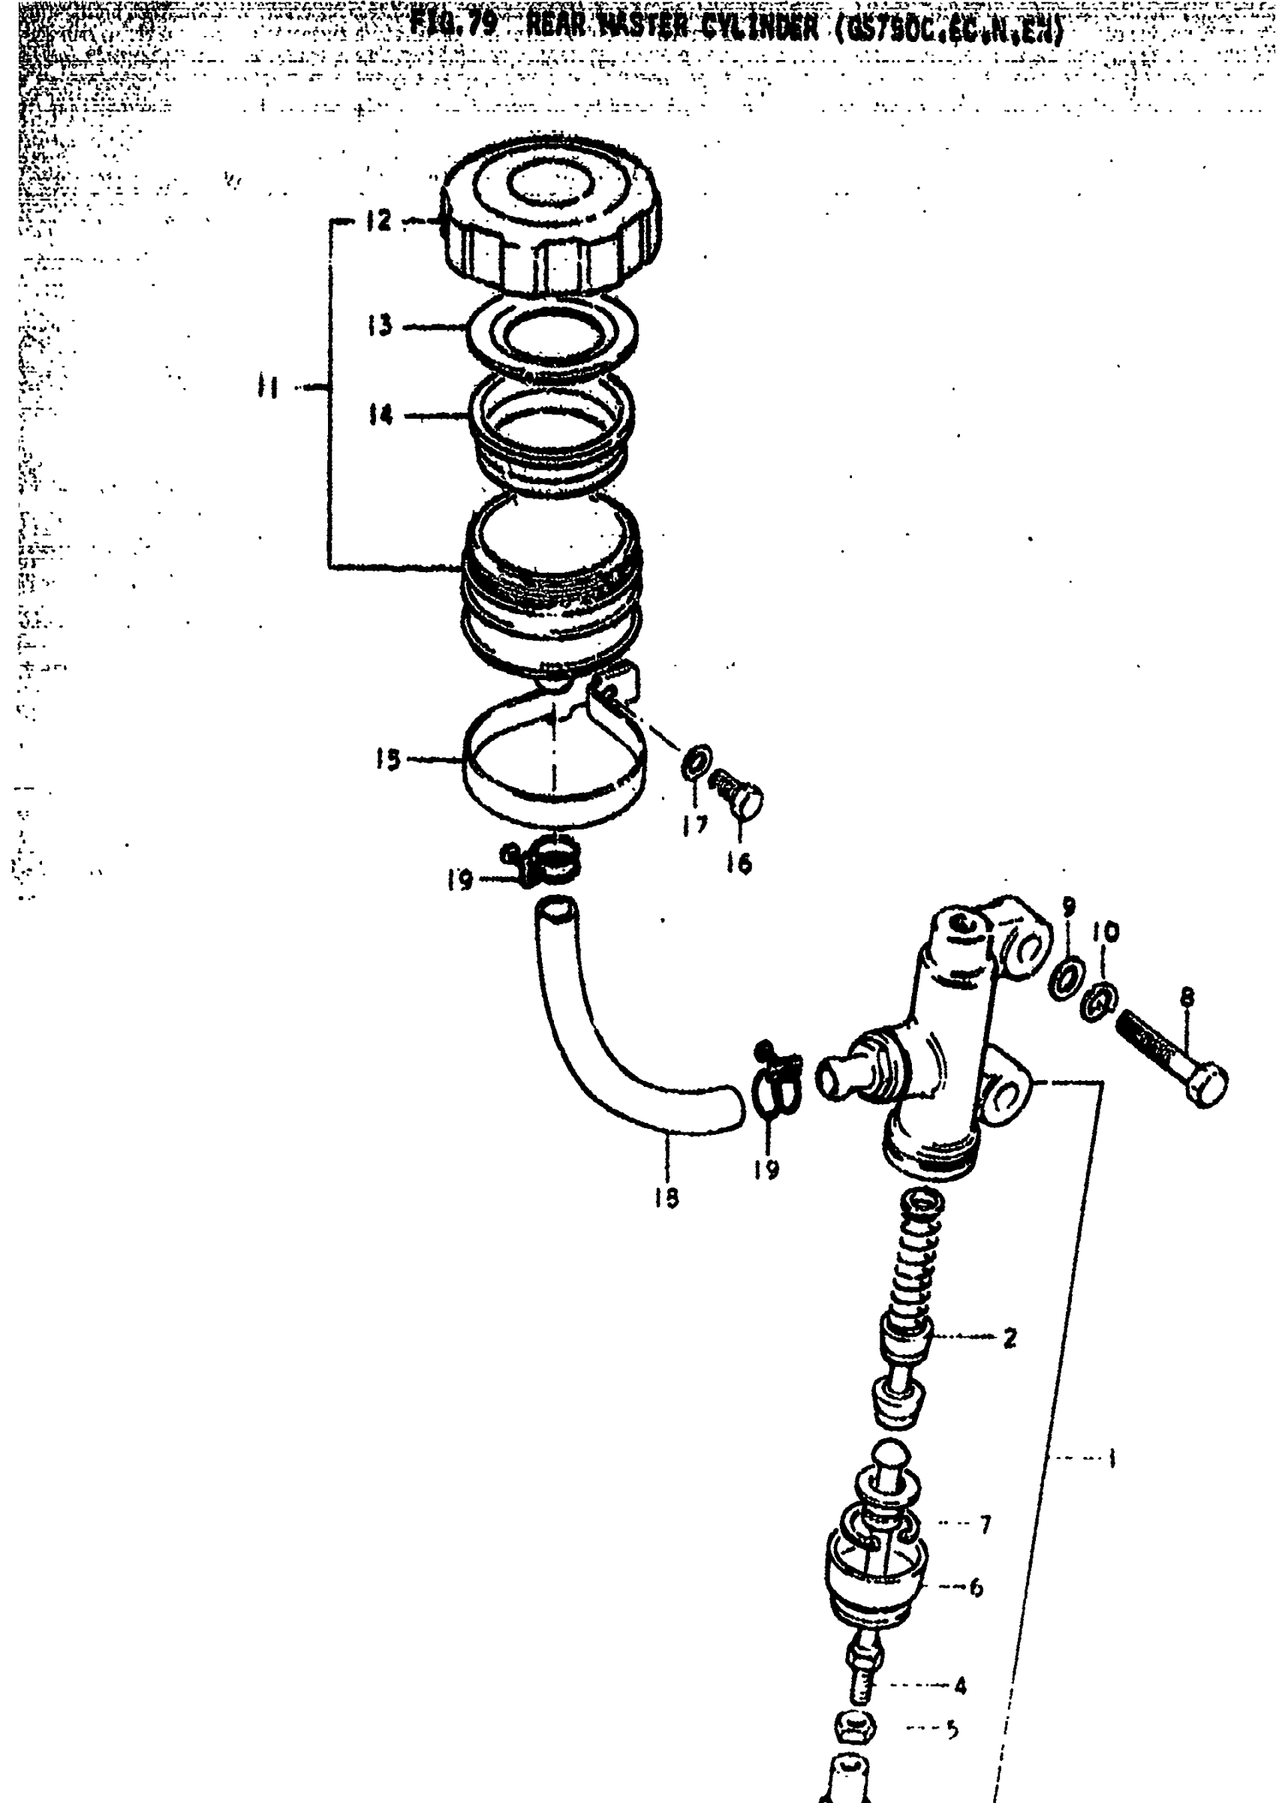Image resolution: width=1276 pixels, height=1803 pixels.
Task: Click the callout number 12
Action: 378,221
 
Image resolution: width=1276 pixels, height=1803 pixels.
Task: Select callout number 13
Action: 380,325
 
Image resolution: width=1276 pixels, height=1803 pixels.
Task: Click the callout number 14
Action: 381,414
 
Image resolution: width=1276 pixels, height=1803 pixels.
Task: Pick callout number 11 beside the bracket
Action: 268,387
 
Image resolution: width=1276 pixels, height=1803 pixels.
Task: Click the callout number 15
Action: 387,760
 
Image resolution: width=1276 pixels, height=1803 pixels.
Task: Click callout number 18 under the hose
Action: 667,1197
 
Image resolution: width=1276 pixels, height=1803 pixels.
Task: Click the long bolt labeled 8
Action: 1171,1057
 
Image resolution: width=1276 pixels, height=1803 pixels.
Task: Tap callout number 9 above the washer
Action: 1069,908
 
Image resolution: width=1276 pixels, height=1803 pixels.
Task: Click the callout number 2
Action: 1010,1338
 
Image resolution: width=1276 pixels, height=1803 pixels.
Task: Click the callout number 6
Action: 977,1588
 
